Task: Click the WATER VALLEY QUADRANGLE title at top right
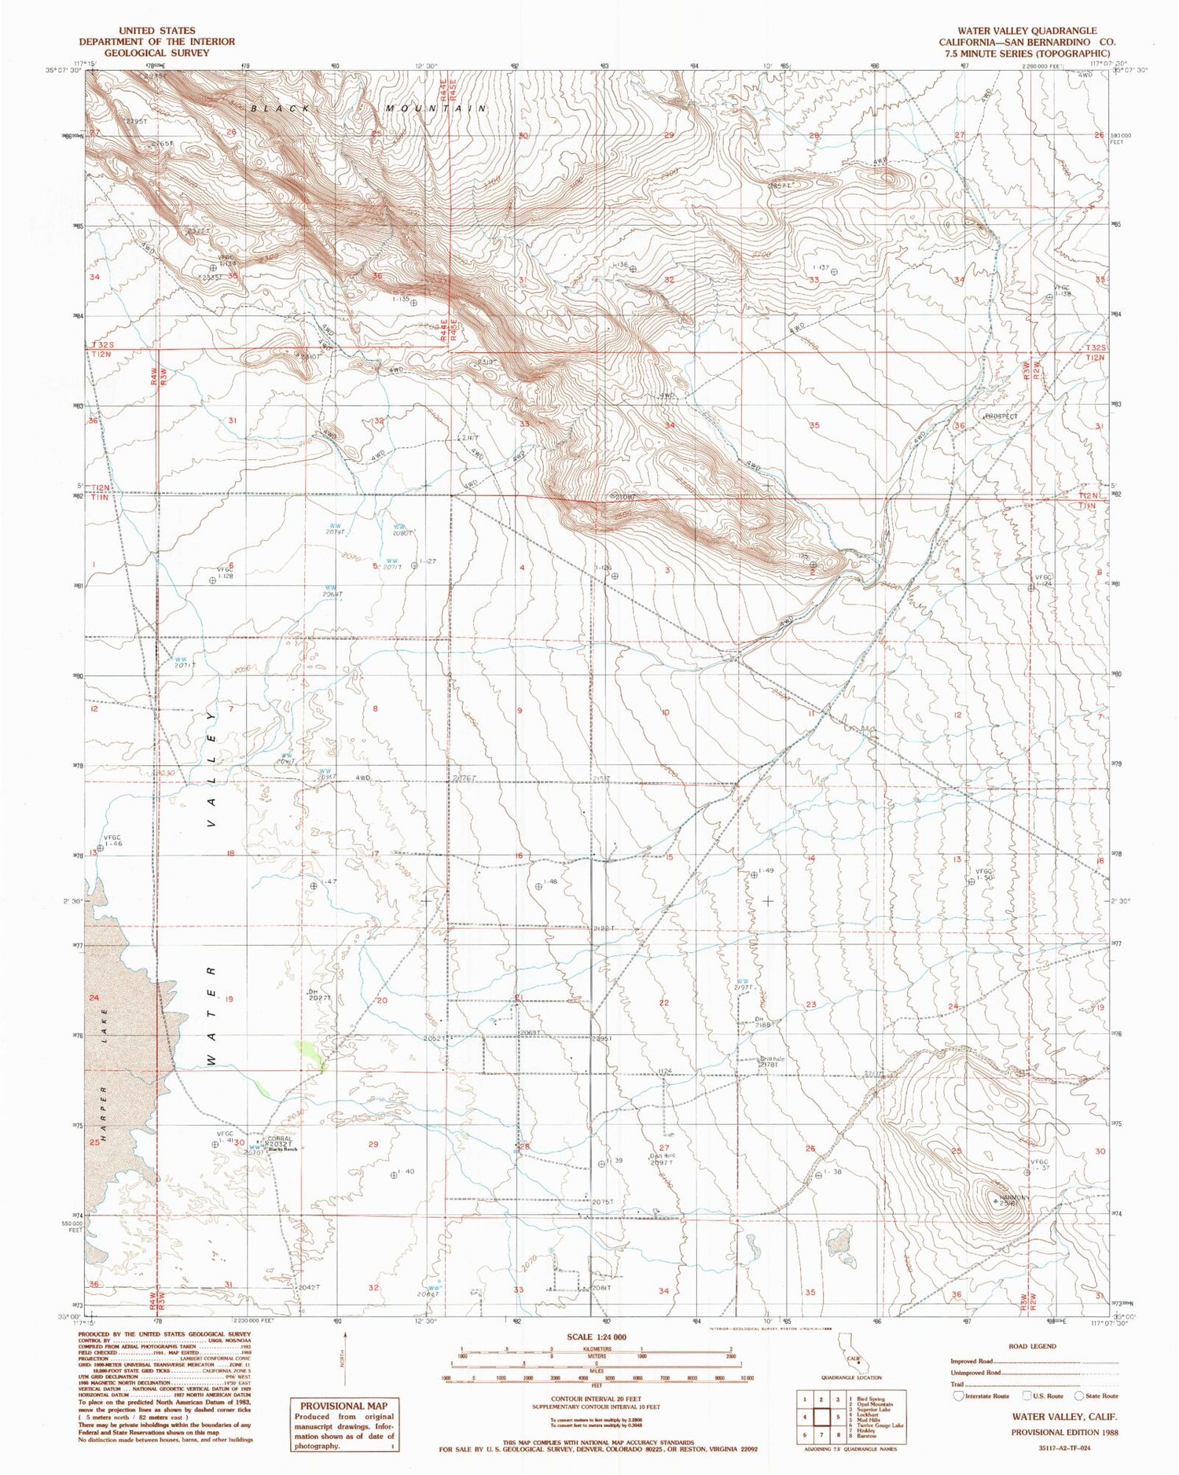click(1027, 31)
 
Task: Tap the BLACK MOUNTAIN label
click(369, 109)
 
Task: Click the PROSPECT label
click(1001, 417)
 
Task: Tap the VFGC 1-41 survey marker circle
click(215, 1145)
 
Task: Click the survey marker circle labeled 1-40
click(393, 1175)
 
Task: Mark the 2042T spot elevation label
click(309, 1287)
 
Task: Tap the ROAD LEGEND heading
click(1032, 1346)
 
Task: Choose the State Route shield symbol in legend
click(1078, 1396)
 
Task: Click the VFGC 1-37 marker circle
click(1027, 1172)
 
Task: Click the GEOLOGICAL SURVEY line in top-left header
click(145, 53)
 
